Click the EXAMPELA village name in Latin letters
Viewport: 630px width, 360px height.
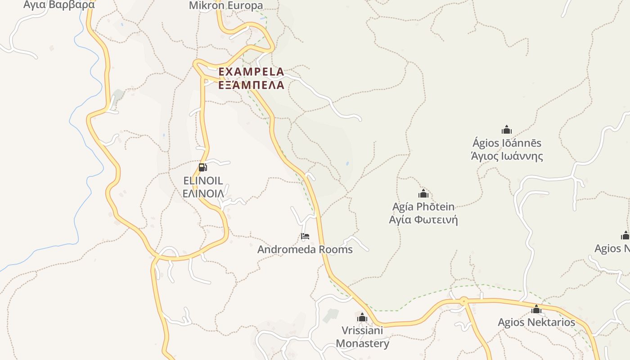click(251, 72)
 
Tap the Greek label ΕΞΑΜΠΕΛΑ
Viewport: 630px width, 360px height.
click(251, 85)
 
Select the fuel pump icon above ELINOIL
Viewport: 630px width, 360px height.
click(203, 167)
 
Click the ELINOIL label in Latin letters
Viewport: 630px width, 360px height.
click(203, 181)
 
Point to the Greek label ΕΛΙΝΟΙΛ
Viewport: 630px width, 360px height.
click(203, 193)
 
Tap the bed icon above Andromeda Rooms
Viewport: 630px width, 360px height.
click(305, 236)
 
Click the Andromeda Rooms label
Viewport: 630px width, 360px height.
click(305, 249)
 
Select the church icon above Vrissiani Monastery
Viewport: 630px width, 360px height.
click(362, 318)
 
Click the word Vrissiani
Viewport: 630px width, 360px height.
click(362, 331)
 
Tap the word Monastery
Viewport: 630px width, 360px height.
click(362, 344)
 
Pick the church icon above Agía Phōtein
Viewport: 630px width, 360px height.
click(423, 194)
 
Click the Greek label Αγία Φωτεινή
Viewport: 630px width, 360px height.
click(423, 220)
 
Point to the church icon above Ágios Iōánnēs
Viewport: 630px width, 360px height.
click(507, 130)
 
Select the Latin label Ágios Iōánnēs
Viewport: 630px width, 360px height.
click(507, 143)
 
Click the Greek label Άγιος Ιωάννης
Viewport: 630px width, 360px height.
click(507, 156)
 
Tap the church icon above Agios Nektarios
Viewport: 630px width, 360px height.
click(536, 309)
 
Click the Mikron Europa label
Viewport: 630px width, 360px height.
click(226, 5)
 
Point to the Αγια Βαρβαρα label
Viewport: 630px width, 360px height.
click(59, 4)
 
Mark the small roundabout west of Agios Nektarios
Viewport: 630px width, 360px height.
click(463, 300)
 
